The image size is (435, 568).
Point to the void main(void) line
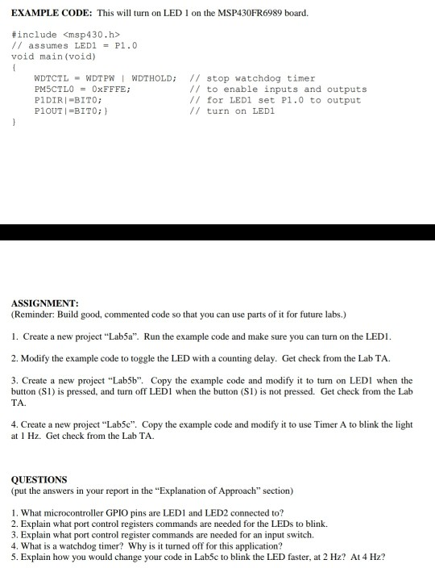coord(53,56)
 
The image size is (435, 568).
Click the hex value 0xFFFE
coord(109,90)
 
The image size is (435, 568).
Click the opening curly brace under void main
coord(15,67)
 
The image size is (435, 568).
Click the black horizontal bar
coord(217,232)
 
